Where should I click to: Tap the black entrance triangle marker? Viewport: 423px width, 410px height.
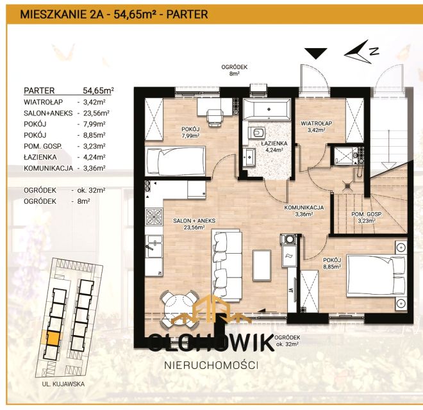tap(315, 53)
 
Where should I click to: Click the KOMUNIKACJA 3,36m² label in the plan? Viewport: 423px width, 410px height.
tap(304, 211)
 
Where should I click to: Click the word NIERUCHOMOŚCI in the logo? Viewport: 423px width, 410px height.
tap(211, 365)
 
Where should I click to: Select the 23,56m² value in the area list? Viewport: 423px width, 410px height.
tap(96, 112)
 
